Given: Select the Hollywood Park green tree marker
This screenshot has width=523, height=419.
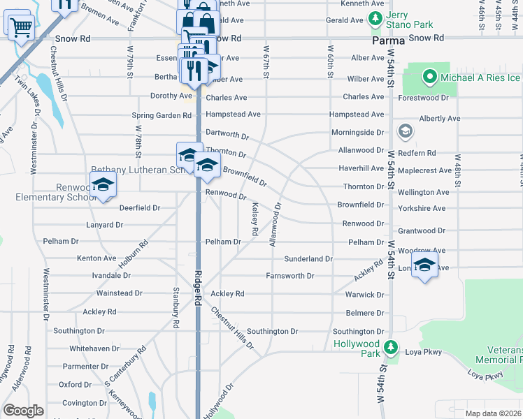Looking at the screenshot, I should click(x=393, y=346).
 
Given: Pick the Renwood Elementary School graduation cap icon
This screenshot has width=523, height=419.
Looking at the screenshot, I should click(x=103, y=185).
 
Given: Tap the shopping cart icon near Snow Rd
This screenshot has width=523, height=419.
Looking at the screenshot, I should click(x=21, y=27).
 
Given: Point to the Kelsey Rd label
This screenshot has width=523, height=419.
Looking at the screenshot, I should click(x=255, y=218).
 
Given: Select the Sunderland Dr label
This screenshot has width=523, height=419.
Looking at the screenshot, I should click(x=308, y=258).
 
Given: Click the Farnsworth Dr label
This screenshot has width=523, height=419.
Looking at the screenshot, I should click(x=289, y=276).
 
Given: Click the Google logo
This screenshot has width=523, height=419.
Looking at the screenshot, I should click(x=23, y=410).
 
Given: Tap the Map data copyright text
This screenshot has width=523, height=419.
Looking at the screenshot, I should click(x=493, y=413).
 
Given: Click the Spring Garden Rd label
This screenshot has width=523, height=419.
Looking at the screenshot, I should click(x=162, y=115).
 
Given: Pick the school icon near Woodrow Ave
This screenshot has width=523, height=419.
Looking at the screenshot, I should click(x=424, y=265).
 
